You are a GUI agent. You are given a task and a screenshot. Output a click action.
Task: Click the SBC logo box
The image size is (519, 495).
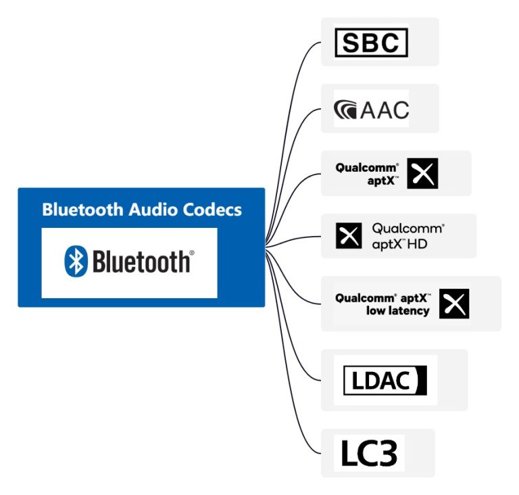tap(372, 43)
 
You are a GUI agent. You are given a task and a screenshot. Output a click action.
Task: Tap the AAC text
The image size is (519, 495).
tap(385, 110)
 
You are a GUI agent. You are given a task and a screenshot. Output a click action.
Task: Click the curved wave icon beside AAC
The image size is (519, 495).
tap(345, 110)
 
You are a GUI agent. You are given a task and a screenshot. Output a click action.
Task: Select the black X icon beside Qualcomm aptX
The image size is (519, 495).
tap(422, 173)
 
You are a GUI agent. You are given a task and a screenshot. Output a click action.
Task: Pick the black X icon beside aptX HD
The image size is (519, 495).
tap(349, 235)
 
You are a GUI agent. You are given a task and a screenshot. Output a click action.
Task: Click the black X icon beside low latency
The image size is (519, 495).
tap(454, 304)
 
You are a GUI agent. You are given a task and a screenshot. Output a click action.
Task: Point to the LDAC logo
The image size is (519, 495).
tap(385, 380)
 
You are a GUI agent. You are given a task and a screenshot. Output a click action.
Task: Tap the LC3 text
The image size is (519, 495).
tap(369, 453)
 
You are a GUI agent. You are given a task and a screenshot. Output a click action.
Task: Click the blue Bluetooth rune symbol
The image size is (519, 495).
tap(76, 261)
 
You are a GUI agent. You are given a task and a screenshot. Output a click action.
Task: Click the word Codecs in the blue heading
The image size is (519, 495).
tap(212, 210)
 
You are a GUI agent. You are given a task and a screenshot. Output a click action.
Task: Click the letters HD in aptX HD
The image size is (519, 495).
tap(417, 245)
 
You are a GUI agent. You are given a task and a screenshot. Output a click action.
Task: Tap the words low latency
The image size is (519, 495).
tap(398, 311)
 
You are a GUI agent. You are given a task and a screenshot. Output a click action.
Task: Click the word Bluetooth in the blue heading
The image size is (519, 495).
tap(82, 210)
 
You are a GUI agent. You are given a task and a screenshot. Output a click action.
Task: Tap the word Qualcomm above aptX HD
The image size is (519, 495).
tap(407, 229)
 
